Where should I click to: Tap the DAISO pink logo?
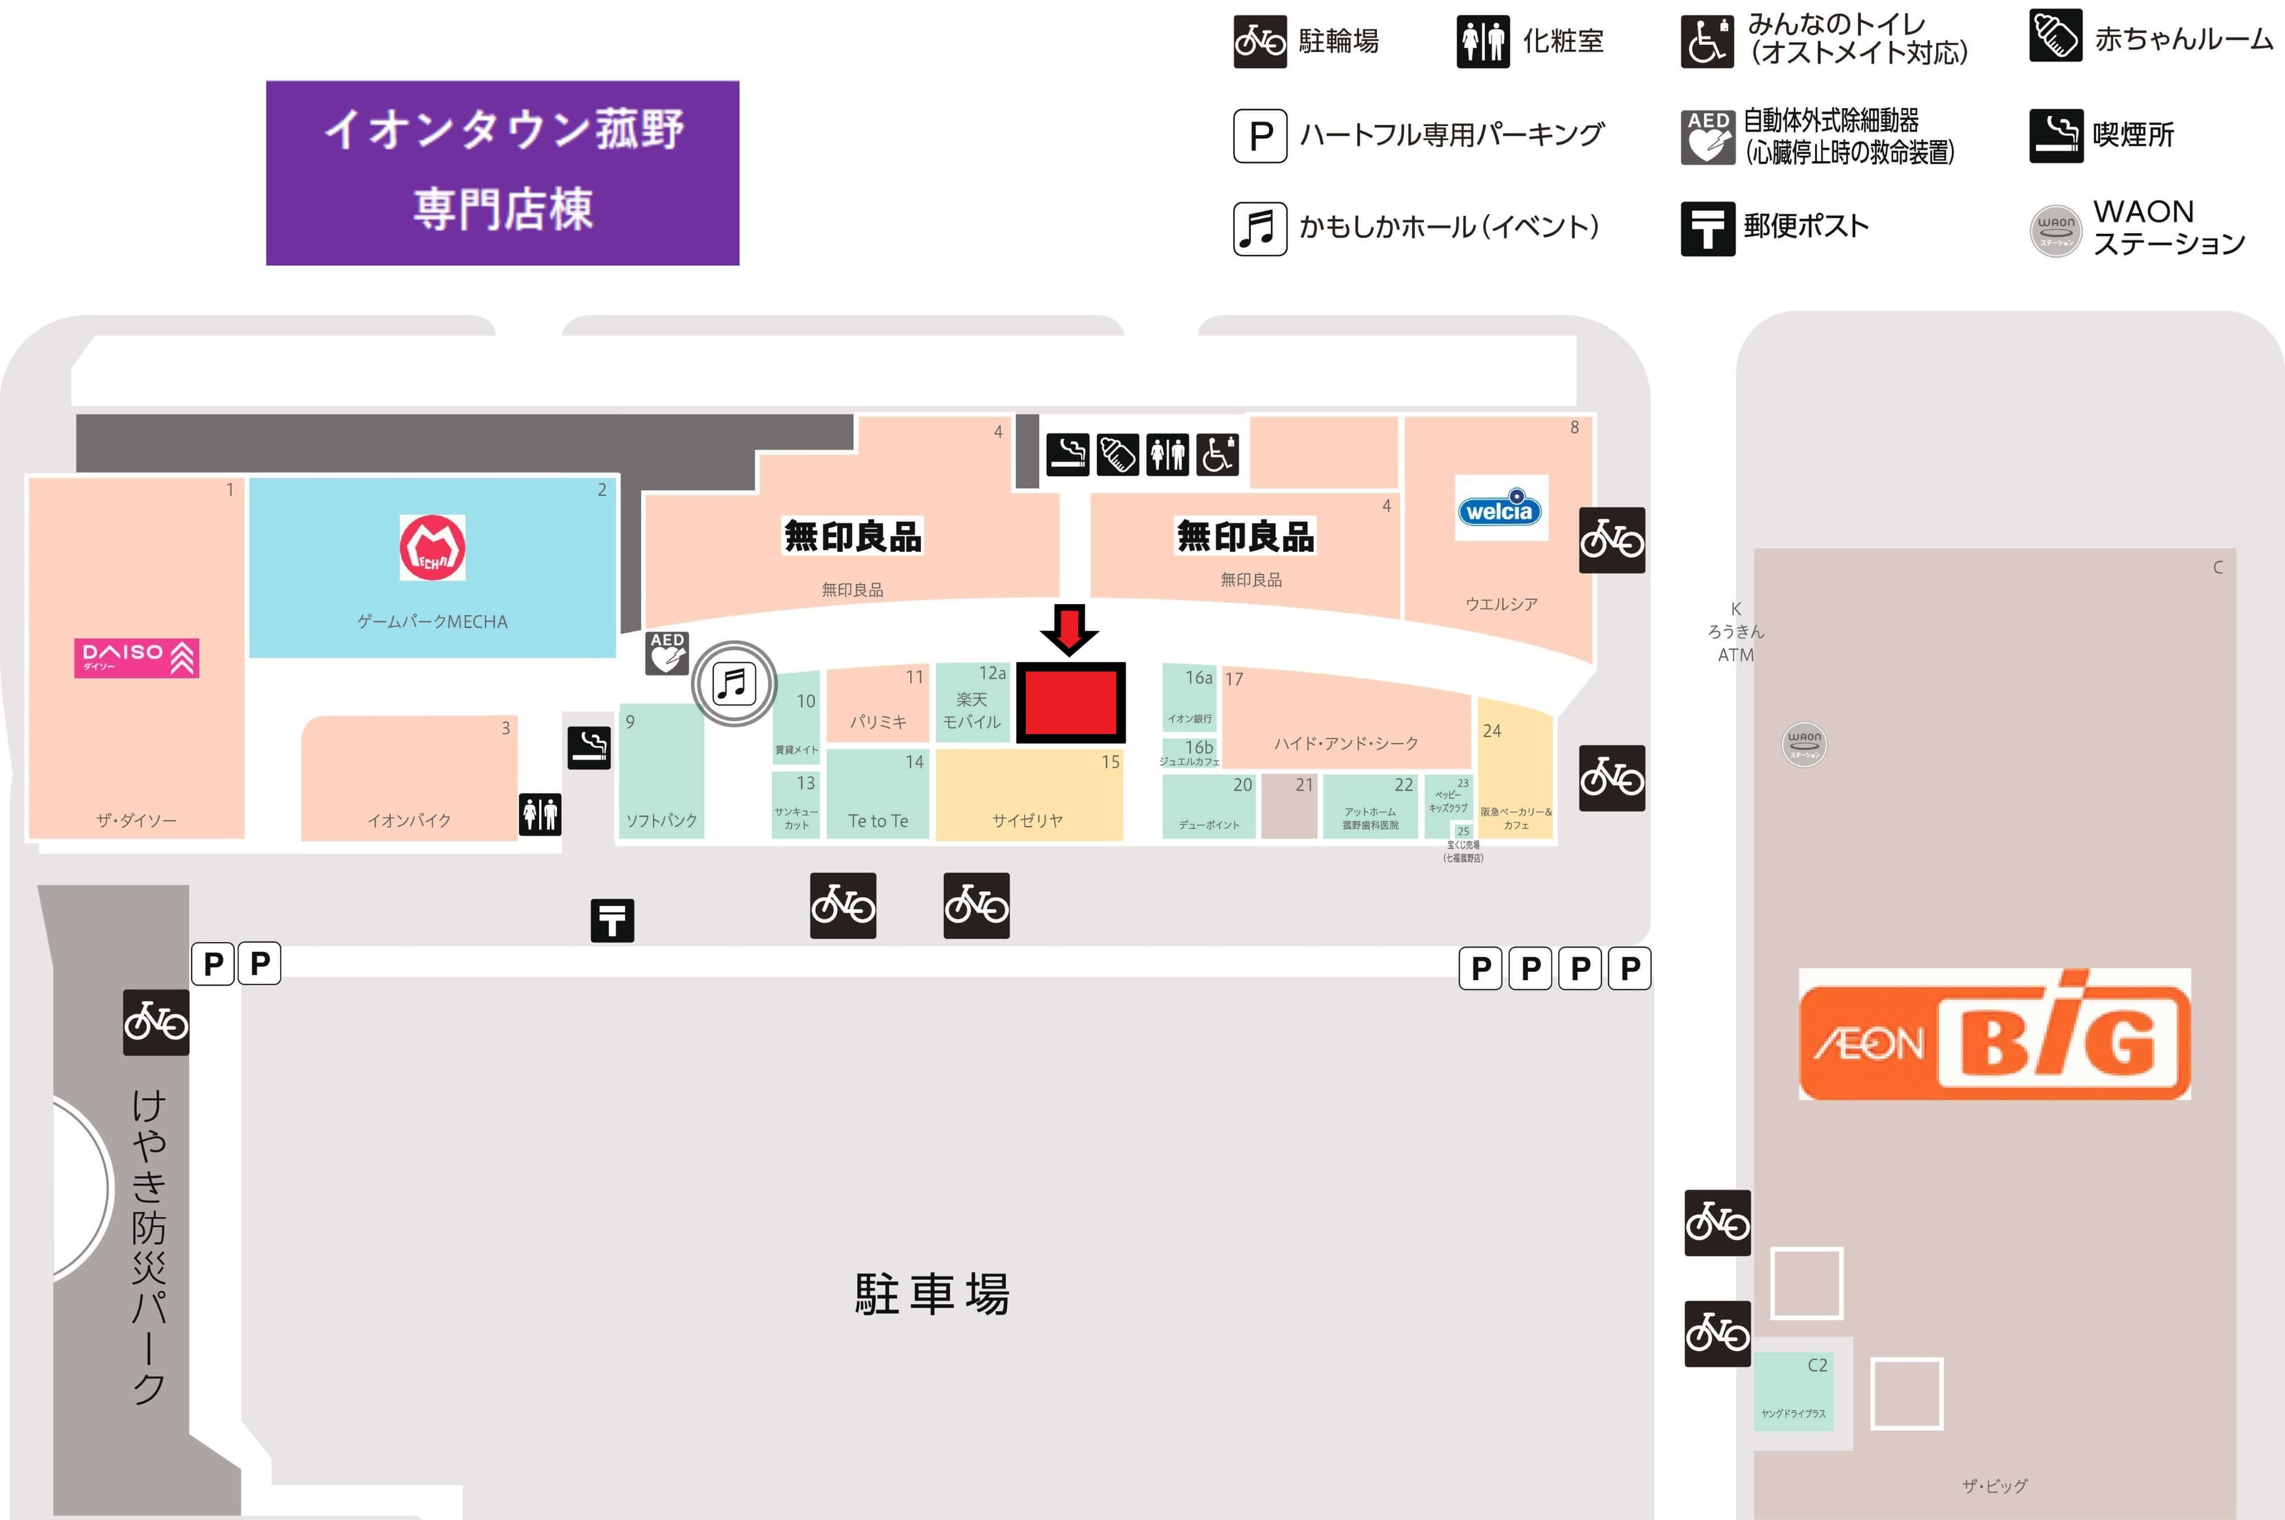(137, 658)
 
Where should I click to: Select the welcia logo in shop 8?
(1500, 508)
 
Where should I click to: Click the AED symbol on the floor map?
(667, 654)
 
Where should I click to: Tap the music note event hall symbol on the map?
(734, 683)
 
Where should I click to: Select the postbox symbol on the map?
(612, 920)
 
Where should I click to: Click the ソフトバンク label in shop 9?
(662, 820)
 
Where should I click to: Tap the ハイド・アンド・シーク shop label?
(1346, 743)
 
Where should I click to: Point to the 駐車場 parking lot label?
(932, 1294)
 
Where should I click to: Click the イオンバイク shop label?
(409, 820)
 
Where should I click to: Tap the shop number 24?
(1492, 731)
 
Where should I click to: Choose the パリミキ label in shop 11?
(878, 721)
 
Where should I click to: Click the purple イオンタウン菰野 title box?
(502, 172)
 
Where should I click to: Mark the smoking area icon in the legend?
(2055, 136)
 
